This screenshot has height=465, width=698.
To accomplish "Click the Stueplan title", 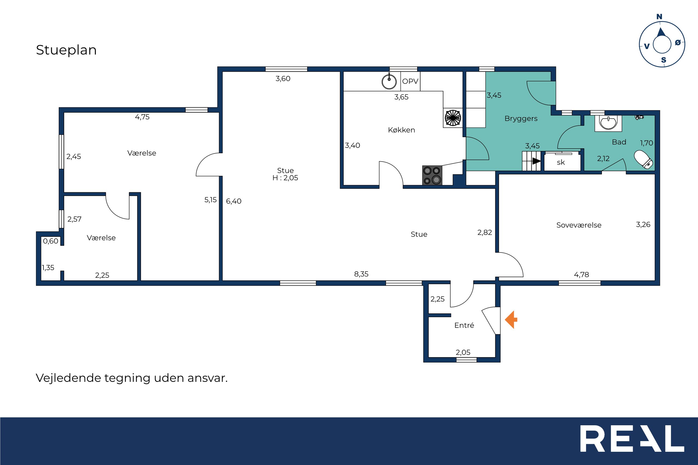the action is tap(66, 50).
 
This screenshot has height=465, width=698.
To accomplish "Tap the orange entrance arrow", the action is tap(511, 319).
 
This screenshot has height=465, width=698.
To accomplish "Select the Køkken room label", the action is tap(401, 130).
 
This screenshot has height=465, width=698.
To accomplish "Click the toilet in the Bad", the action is tap(644, 160).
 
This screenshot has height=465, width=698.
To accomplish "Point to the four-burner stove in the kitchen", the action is tap(432, 175).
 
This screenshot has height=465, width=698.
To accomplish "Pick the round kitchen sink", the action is tap(389, 81).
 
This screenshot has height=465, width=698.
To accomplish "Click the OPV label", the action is tap(410, 81).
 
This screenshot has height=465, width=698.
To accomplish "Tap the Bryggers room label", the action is tap(521, 119).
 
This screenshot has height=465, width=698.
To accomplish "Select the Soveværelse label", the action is tap(579, 225).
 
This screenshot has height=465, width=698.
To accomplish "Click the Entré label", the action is tap(464, 325).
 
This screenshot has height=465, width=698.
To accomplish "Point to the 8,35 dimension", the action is tap(361, 274).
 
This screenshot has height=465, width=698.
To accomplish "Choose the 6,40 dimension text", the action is tap(234, 201).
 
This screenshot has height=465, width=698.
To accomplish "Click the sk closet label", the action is tap(561, 163).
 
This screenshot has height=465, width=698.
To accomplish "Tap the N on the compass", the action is tap(659, 17).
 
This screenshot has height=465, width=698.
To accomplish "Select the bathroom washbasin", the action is tap(608, 123).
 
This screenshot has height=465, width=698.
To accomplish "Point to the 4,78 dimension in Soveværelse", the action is tap(581, 274).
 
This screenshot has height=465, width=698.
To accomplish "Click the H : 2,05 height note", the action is tap(285, 178).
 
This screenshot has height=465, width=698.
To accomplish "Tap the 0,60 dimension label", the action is tap(51, 241).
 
